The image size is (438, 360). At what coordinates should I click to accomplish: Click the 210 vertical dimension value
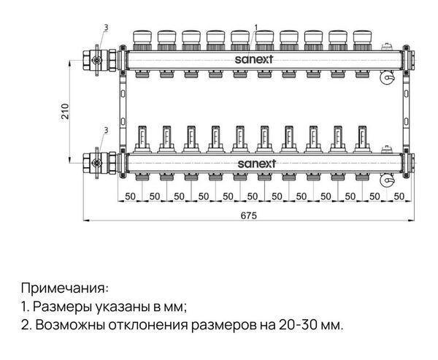coord(65,111)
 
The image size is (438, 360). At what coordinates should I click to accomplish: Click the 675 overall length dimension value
coord(248,215)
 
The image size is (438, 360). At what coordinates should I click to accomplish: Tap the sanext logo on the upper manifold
coord(253,59)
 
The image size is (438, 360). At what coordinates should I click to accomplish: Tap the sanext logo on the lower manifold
coord(257,164)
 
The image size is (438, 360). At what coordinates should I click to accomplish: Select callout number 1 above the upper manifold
coord(256,27)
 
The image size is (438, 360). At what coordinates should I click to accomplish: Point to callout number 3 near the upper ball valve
coord(106,28)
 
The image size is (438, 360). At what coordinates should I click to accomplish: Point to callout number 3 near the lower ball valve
coord(106,130)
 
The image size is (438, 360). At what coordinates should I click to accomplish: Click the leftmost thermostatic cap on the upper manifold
coord(142,40)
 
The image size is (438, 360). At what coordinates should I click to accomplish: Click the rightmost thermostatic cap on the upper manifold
coord(363,40)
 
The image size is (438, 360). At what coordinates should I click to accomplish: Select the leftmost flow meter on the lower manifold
coord(142,139)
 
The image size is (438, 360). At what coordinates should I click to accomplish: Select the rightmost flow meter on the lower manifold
coord(362,139)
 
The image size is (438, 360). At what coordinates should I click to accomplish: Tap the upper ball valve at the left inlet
coord(100,60)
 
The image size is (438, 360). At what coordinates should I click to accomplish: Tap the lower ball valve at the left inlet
coord(100,164)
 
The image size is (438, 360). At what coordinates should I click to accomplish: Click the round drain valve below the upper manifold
coord(387,77)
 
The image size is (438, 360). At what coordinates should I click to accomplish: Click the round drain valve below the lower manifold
coord(387,180)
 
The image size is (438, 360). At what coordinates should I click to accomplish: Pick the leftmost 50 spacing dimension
coord(130,196)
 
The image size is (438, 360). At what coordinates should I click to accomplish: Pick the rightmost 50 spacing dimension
coord(399,196)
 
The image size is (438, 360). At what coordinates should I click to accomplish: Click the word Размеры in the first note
coord(63,307)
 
